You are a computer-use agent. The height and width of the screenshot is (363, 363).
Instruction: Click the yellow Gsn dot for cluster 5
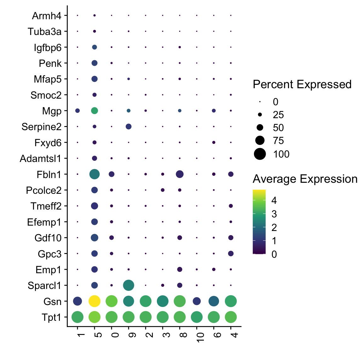[95, 301]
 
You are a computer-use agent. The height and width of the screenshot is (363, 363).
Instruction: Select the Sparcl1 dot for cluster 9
[129, 285]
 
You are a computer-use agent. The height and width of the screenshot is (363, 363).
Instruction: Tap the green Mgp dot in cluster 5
[95, 111]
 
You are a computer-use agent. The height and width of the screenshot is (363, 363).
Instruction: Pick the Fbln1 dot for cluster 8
[180, 174]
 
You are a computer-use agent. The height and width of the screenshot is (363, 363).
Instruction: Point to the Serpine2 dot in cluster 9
[129, 127]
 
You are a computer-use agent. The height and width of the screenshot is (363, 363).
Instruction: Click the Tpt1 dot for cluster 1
[78, 317]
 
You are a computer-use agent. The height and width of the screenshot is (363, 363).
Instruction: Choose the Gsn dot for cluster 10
[197, 301]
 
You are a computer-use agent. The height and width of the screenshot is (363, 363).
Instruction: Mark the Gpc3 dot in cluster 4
[231, 253]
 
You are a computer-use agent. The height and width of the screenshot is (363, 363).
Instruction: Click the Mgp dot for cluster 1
[78, 111]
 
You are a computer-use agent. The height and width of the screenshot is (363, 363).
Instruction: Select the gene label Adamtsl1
[40, 158]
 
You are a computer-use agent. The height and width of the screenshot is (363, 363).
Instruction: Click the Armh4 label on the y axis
[47, 16]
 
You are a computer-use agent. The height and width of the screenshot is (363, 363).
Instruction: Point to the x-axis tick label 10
[200, 336]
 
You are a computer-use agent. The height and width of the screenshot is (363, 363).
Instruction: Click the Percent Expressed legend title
[302, 84]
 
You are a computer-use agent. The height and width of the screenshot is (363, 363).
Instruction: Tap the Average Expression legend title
[305, 179]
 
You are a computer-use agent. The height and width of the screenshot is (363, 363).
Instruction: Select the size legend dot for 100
[260, 154]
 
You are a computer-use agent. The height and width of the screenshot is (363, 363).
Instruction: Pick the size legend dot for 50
[260, 128]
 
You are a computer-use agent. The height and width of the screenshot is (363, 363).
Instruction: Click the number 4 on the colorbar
[274, 200]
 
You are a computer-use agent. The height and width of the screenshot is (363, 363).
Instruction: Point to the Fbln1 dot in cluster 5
[95, 174]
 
